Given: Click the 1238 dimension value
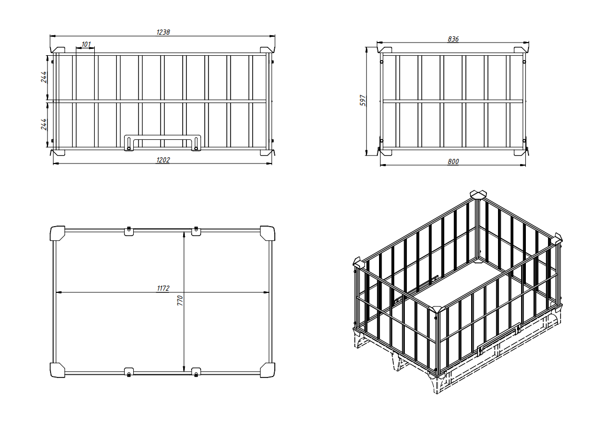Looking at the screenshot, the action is [163, 32].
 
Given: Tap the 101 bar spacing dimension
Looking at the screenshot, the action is [86, 44].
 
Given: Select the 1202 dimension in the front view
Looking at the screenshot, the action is [163, 160].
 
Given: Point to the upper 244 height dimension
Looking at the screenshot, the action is [44, 77].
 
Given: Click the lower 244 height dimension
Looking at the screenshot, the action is [44, 124].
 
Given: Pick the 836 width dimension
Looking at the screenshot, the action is [453, 39].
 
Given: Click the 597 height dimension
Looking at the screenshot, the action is [363, 101].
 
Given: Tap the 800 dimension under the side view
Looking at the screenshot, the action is [453, 161].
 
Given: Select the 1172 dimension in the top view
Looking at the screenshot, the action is [163, 288].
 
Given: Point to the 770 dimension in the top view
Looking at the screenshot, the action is [180, 301].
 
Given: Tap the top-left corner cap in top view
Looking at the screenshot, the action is [58, 233].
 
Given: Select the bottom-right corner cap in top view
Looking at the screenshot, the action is [267, 370].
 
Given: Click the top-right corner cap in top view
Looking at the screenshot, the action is [267, 233].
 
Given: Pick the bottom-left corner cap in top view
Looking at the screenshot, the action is [58, 370].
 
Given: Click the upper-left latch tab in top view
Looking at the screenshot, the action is [129, 231].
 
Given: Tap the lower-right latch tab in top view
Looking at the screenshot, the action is [196, 372].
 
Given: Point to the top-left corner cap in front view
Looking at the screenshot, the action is [58, 50].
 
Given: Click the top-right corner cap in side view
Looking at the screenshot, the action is [521, 50].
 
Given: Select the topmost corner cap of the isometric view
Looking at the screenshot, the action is [478, 195].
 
